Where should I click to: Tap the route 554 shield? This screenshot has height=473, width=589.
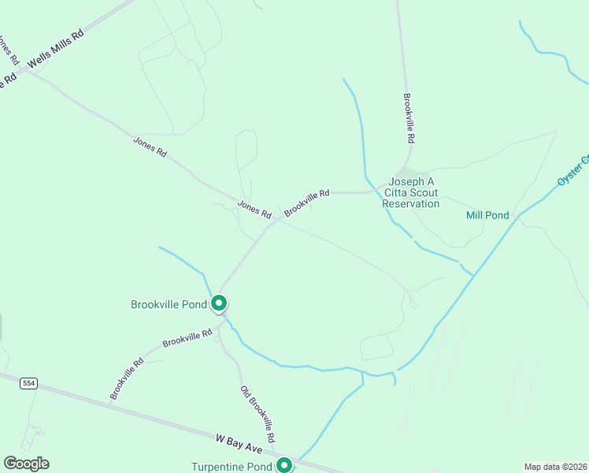click(x=29, y=383)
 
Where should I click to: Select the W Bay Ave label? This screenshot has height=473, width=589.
click(x=239, y=442)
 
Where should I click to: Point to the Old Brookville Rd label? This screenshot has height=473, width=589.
click(x=257, y=414)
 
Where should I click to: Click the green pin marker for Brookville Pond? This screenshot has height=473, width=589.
click(x=219, y=303)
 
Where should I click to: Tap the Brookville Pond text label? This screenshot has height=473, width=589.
click(x=169, y=304)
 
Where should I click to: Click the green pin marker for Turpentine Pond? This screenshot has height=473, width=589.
click(x=283, y=466)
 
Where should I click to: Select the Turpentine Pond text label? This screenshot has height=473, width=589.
click(x=232, y=467)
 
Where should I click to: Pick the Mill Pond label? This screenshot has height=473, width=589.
click(x=487, y=215)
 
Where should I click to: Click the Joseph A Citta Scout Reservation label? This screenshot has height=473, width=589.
click(x=410, y=192)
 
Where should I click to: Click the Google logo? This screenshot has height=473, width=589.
click(x=26, y=464)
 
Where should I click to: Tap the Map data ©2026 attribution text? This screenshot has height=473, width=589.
click(x=555, y=467)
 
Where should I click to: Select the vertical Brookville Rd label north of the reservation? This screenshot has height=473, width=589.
click(x=409, y=118)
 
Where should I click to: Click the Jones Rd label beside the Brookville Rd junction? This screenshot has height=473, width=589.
click(x=254, y=209)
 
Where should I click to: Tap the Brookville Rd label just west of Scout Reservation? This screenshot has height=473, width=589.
click(x=307, y=202)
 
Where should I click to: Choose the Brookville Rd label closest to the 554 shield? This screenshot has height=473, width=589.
click(x=127, y=378)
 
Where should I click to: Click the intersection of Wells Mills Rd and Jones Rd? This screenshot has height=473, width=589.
click(x=24, y=69)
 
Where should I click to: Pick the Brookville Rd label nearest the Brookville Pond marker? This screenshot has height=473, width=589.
click(x=187, y=339)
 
